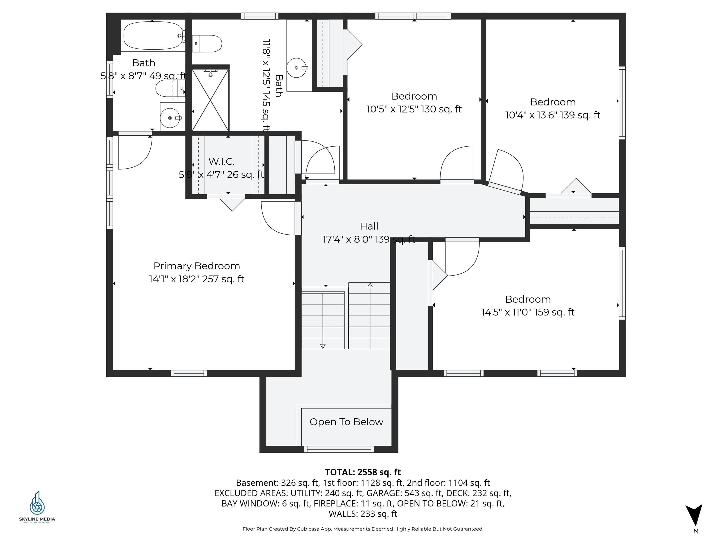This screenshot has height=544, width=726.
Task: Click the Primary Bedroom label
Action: point(197,266)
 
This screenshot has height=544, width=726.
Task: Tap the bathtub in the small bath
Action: point(153,35)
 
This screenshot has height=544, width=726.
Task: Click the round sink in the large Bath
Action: point(297,68)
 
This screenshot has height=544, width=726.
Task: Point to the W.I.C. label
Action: point(221,161)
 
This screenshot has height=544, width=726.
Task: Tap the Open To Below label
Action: point(346,422)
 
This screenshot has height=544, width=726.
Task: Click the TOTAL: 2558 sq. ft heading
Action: point(363,472)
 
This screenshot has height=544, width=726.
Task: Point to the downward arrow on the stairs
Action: point(323,346)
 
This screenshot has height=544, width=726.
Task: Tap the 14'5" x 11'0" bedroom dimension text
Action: point(528,312)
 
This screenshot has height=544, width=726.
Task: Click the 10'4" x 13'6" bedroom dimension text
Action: point(553,115)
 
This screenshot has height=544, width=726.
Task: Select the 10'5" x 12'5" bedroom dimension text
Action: point(414,109)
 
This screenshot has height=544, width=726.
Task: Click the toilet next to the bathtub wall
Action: point(207,44)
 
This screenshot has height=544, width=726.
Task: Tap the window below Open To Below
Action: point(339,450)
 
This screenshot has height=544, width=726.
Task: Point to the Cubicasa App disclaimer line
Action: point(363,529)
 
